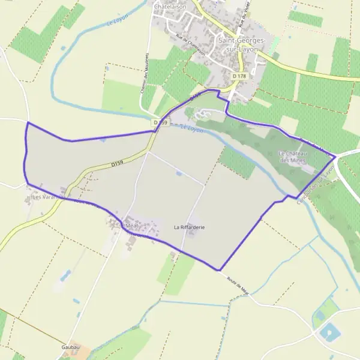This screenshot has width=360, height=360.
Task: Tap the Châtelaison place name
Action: tap(170, 6)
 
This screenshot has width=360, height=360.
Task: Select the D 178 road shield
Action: tap(240, 76)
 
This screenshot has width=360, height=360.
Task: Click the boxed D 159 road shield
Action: tap(159, 122)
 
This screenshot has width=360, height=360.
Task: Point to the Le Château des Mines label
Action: tap(293, 157)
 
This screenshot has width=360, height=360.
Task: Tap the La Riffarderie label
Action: tap(190, 227)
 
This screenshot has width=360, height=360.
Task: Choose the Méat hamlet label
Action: tap(132, 226)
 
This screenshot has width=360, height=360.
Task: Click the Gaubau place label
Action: tap(70, 347)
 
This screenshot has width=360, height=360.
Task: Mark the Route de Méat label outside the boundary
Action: tap(239, 283)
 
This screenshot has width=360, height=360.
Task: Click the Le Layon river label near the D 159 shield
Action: tap(191, 128)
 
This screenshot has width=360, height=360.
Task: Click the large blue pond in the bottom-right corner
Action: tap(328, 331)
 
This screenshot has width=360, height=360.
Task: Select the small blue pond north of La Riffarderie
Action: tap(179, 173)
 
